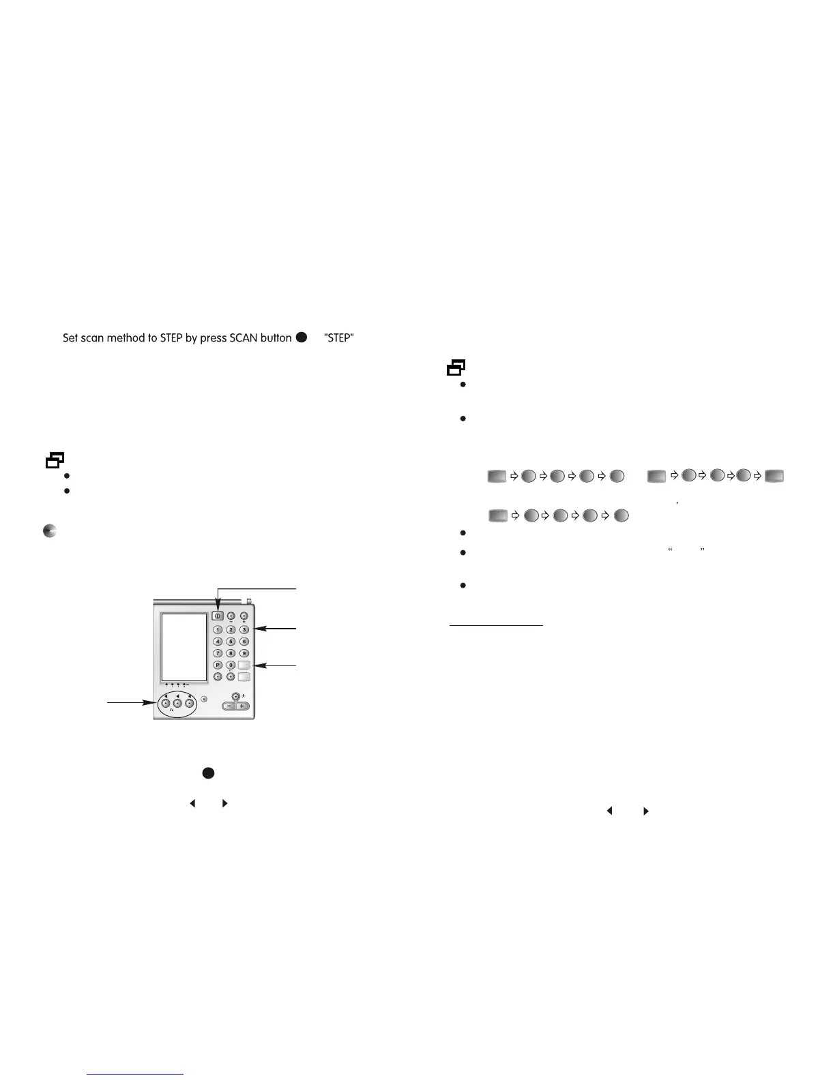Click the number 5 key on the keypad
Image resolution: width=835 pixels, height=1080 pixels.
pyautogui.click(x=231, y=642)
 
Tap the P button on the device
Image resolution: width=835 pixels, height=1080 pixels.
pyautogui.click(x=218, y=665)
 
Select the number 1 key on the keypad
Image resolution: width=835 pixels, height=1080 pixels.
pyautogui.click(x=218, y=629)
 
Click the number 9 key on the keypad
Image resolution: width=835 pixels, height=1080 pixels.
pyautogui.click(x=244, y=653)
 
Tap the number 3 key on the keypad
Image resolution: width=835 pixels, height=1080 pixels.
pyautogui.click(x=244, y=629)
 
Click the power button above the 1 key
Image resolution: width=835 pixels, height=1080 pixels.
pyautogui.click(x=218, y=616)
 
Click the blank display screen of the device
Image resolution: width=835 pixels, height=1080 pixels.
pyautogui.click(x=184, y=646)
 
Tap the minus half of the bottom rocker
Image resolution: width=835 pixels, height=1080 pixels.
pyautogui.click(x=229, y=706)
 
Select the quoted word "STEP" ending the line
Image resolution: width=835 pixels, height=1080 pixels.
pyautogui.click(x=338, y=338)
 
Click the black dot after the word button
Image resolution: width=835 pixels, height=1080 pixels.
pyautogui.click(x=302, y=337)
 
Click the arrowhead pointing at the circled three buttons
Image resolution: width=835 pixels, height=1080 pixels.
pyautogui.click(x=153, y=702)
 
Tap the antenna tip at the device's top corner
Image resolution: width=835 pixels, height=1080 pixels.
pyautogui.click(x=250, y=601)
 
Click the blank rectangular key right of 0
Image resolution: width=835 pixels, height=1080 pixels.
pyautogui.click(x=244, y=665)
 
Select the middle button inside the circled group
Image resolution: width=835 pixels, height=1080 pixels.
pyautogui.click(x=177, y=703)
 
